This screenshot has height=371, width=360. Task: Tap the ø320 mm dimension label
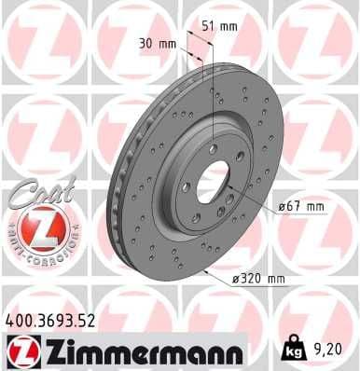(x=257, y=277)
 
